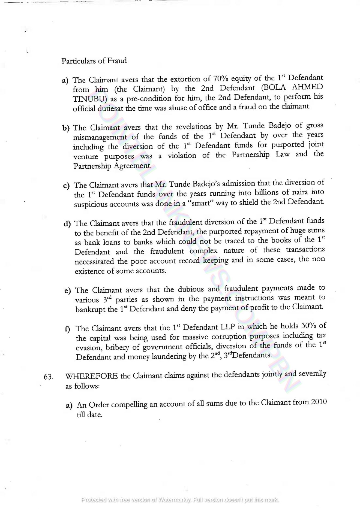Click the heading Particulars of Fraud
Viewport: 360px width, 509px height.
point(94,60)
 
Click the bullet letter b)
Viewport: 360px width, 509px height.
point(66,128)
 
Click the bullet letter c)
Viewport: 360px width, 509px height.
point(67,186)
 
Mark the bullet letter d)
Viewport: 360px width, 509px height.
point(67,224)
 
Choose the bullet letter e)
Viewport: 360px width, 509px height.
point(68,291)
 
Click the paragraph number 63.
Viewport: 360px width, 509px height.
point(48,377)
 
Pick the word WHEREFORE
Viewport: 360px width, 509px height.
point(92,376)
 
